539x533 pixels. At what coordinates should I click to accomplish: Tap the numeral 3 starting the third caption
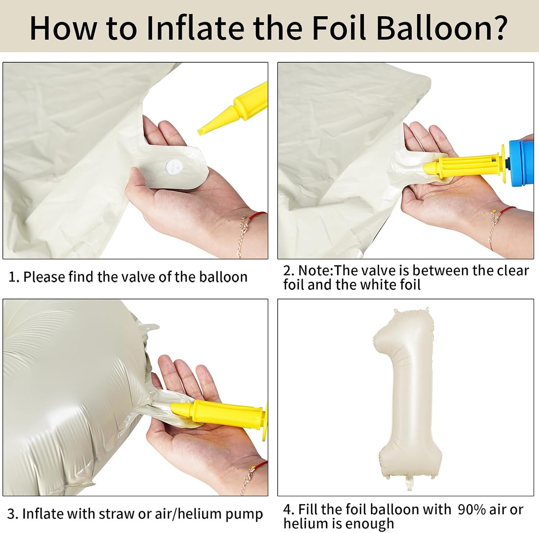(11, 514)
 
